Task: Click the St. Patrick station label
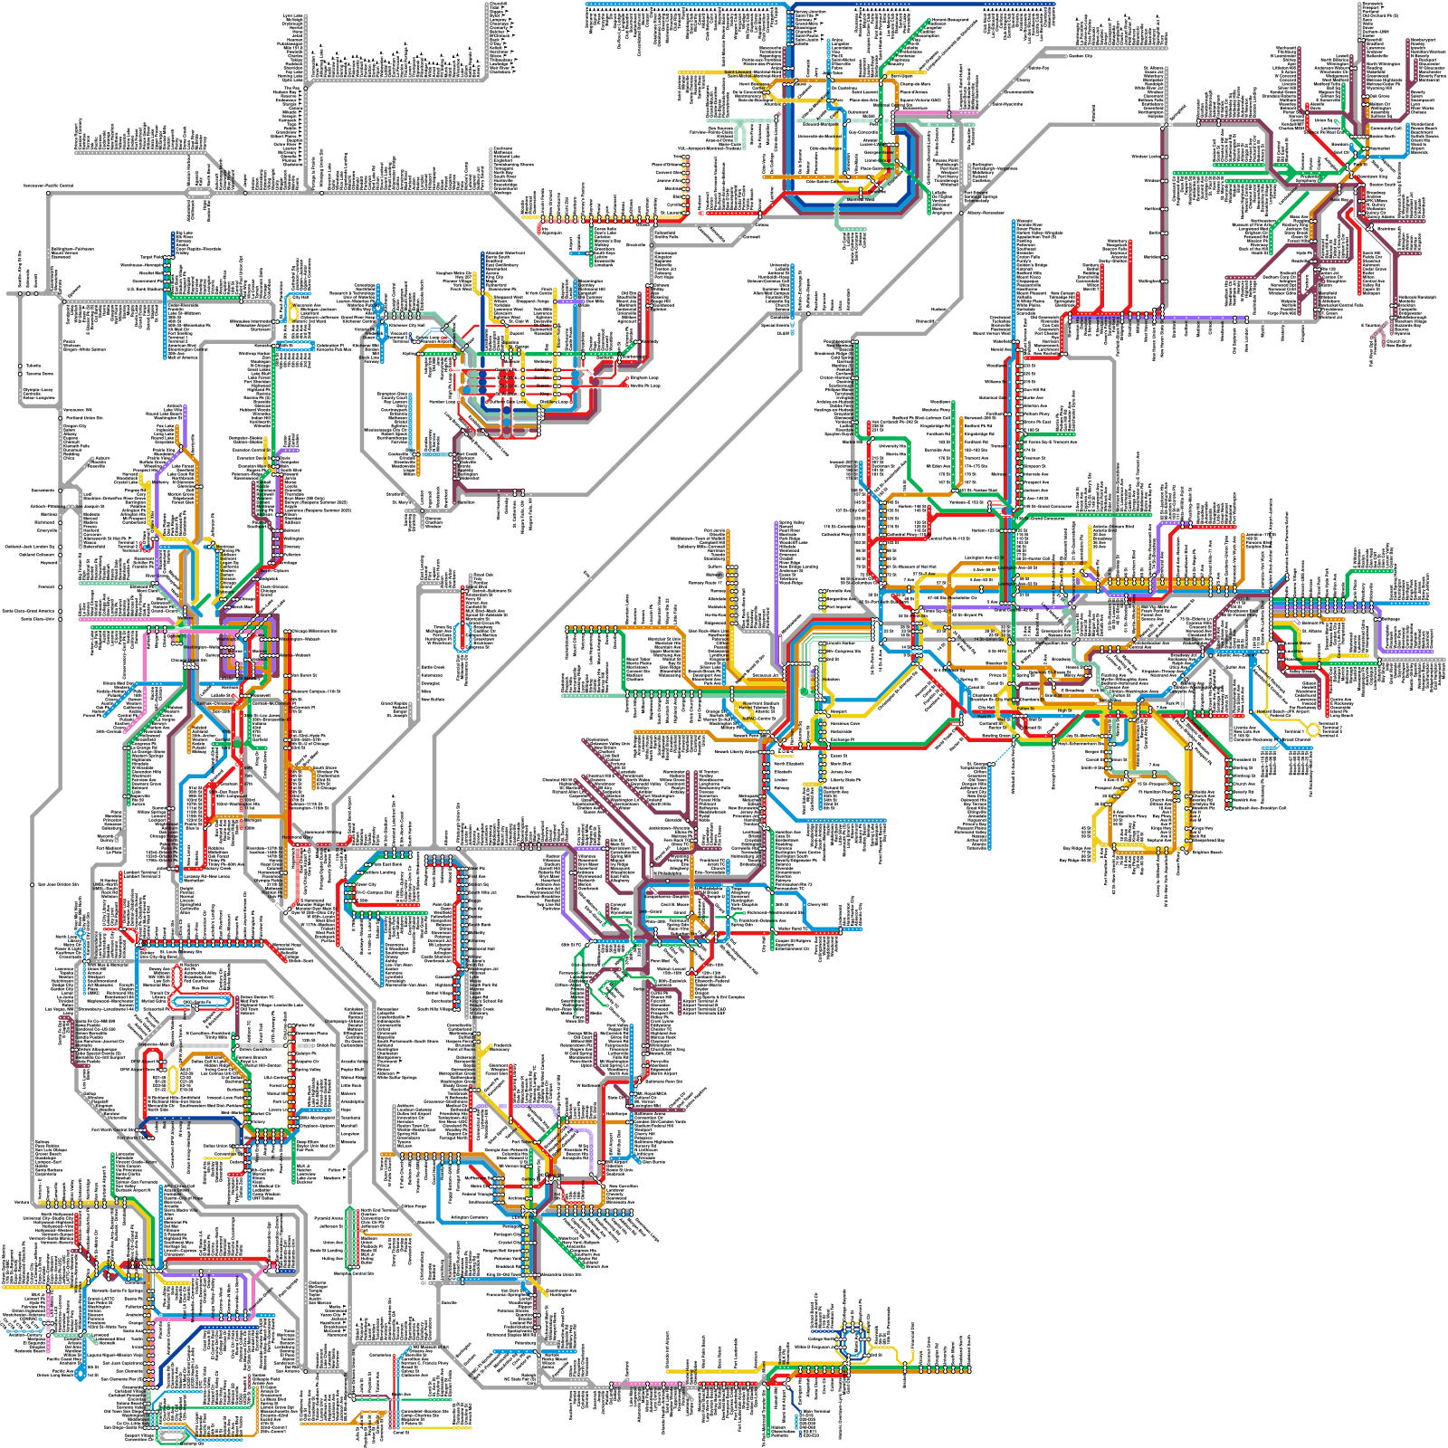(x=507, y=377)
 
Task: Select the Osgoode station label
(x=508, y=386)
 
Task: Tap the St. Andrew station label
(x=507, y=394)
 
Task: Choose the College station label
(x=542, y=369)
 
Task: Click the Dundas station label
(x=541, y=377)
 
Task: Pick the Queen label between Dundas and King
(x=543, y=386)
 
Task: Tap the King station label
(x=545, y=394)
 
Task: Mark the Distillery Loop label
(x=554, y=402)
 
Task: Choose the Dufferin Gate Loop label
(x=507, y=402)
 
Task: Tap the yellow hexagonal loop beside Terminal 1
(x=1313, y=729)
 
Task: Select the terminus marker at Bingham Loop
(x=627, y=378)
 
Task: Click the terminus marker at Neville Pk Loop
(x=627, y=386)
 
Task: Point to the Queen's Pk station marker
(x=522, y=369)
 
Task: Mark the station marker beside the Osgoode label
(x=522, y=386)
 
